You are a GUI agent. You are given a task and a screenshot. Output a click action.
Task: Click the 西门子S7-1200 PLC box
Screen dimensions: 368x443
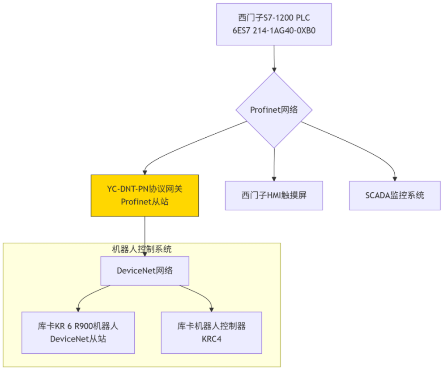coord(274,24)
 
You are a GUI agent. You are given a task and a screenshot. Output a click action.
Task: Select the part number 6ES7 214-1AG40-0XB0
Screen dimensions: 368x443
coord(274,31)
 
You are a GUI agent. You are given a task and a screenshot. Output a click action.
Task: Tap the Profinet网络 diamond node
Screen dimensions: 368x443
coord(274,110)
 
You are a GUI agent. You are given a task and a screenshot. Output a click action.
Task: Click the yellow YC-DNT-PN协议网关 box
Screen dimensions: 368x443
coord(145,195)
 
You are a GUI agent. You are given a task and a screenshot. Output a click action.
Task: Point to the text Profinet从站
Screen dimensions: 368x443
coord(145,202)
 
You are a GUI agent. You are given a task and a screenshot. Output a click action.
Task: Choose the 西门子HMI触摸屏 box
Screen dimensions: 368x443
coord(274,195)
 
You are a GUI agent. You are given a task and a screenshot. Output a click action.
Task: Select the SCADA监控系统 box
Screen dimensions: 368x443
coord(395,195)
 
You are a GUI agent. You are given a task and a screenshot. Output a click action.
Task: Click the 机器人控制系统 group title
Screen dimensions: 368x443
coord(141,249)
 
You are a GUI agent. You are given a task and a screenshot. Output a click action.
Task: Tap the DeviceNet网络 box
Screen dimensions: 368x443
coord(145,271)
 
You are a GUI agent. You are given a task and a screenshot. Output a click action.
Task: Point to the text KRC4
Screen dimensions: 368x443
coord(211,339)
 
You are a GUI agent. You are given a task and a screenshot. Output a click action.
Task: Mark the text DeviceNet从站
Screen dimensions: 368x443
coord(78,339)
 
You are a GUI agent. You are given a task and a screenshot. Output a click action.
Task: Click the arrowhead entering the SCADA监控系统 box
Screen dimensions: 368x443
coord(395,178)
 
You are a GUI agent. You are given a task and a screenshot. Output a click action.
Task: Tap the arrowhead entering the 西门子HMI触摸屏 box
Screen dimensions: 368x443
coord(274,178)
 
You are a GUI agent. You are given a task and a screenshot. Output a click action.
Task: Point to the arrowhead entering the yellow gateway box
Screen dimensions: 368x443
coord(145,172)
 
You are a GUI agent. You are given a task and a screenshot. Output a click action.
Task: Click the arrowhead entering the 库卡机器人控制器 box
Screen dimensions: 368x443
coord(211,309)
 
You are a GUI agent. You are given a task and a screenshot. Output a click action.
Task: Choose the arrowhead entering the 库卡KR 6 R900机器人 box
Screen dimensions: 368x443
coord(78,309)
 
